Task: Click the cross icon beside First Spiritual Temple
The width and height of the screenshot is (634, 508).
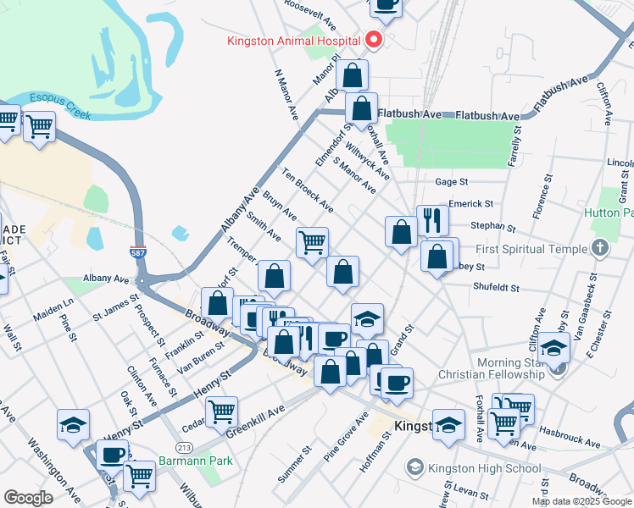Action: [600, 249]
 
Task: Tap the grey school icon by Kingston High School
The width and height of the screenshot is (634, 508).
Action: [414, 467]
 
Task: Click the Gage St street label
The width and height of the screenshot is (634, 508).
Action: [451, 182]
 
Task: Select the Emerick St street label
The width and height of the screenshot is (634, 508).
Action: [471, 204]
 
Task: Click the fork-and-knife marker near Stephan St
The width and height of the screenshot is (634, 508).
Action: [432, 221]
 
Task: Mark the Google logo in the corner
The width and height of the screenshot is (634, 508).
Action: [28, 498]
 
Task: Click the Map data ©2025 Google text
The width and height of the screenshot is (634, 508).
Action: [581, 501]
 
